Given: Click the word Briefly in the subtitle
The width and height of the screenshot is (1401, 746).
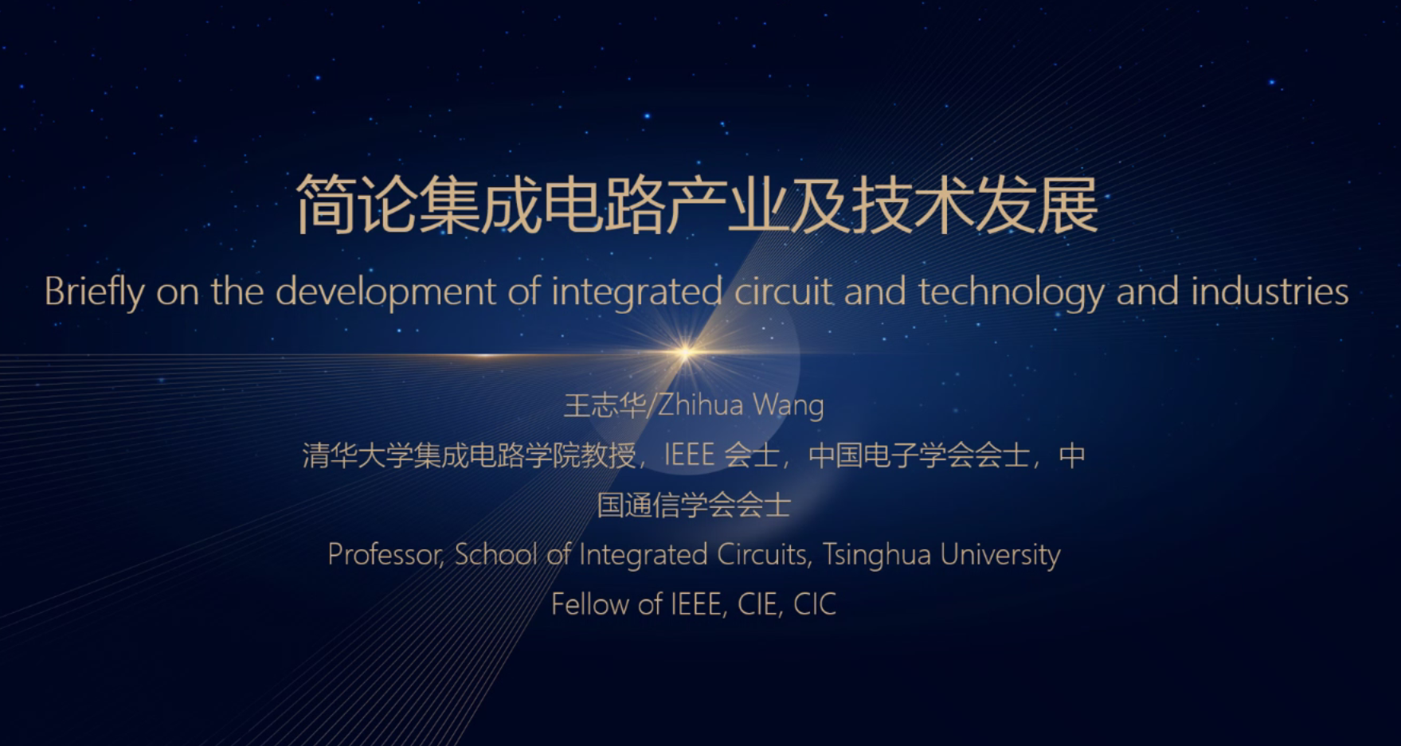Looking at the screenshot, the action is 94,292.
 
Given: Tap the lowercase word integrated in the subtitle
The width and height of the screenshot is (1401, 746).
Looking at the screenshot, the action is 636,292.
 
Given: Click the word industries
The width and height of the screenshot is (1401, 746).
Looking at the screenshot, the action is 1270,291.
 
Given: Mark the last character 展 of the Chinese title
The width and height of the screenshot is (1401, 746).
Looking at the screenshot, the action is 1068,205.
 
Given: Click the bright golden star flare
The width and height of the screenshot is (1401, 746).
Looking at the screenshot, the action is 685,351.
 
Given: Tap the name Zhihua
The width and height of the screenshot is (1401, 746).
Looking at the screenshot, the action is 700,405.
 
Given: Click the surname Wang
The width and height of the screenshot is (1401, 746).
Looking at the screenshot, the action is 789,407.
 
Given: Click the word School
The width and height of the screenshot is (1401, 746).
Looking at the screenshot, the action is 496,554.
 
